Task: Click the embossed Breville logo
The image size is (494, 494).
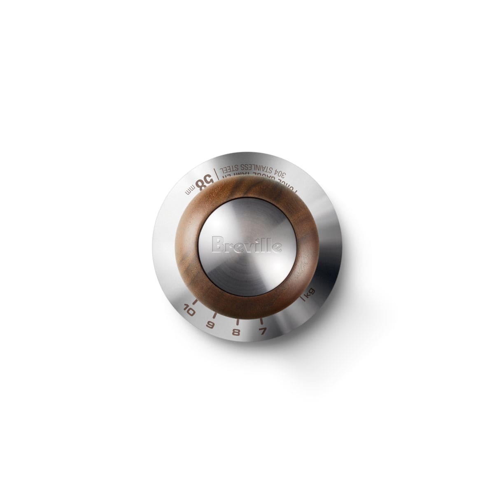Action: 247,246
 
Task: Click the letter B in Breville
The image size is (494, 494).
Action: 215,245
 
